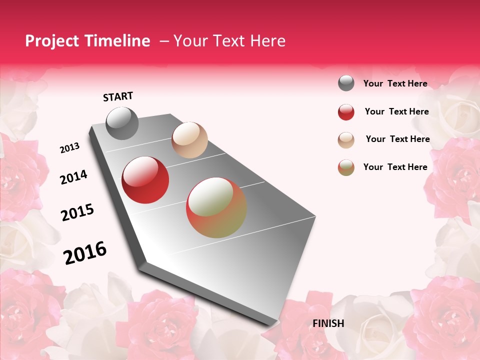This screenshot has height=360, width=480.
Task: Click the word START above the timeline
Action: click(118, 96)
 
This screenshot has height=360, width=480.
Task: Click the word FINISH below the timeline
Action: click(328, 323)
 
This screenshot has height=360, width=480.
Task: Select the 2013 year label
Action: click(70, 148)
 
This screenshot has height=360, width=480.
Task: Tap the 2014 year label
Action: click(74, 177)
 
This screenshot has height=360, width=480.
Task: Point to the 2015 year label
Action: click(77, 212)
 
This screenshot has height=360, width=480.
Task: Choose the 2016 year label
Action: click(85, 253)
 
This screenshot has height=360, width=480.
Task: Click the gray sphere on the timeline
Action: click(122, 123)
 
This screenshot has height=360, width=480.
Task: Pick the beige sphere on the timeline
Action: click(189, 140)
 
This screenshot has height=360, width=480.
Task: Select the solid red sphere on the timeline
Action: click(145, 180)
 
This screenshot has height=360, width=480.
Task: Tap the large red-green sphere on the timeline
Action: click(216, 207)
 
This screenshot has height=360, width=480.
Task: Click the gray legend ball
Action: click(346, 83)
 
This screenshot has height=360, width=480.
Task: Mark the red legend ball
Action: click(346, 112)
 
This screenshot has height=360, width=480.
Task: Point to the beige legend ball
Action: click(346, 140)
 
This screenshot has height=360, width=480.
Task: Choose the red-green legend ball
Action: click(346, 167)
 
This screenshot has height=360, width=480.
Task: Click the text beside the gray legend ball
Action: click(395, 84)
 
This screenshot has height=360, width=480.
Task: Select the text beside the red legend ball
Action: click(397, 111)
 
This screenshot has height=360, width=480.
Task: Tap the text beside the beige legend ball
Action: click(398, 139)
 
